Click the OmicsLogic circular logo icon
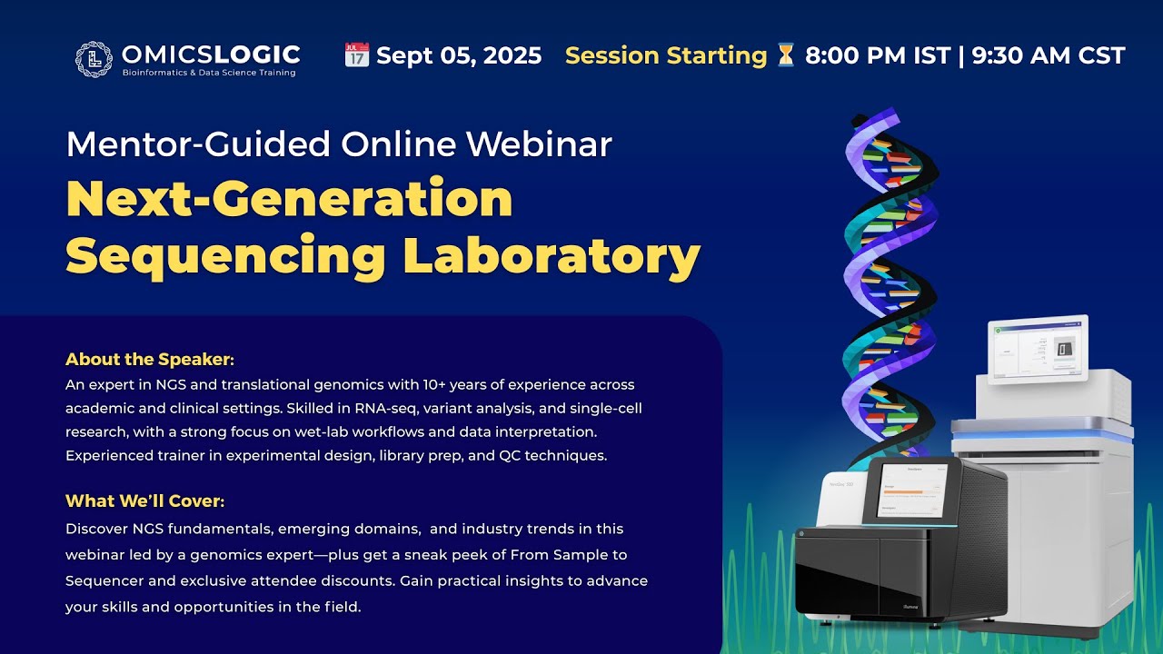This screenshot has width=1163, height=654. (94, 59)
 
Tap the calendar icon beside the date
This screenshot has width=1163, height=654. (356, 55)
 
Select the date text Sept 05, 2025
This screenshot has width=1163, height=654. (459, 56)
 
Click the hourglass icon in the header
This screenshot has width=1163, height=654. (785, 55)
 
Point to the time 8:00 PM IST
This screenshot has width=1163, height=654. (877, 56)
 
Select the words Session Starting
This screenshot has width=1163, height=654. (666, 56)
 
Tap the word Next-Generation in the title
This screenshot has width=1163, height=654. (289, 199)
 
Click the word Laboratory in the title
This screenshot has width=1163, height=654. (552, 256)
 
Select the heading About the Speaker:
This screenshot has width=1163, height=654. (150, 359)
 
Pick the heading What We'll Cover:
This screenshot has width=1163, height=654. (144, 501)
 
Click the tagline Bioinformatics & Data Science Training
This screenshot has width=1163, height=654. (209, 73)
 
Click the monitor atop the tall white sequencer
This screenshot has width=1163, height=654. (1038, 349)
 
